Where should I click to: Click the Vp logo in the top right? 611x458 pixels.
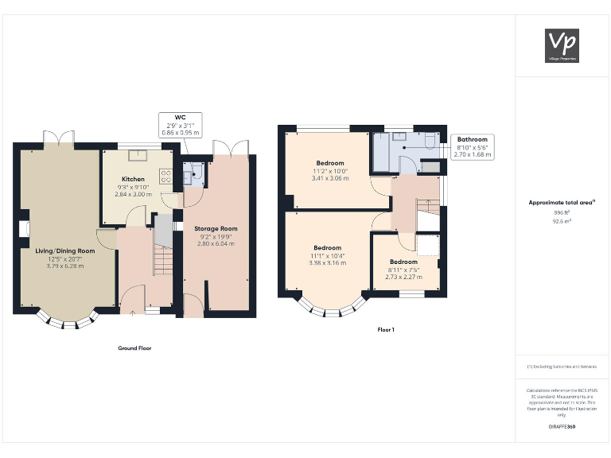tap(562, 45)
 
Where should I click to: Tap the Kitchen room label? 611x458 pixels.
tap(133, 179)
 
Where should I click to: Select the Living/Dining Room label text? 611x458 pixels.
tap(64, 251)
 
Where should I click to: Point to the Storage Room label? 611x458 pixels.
tap(216, 229)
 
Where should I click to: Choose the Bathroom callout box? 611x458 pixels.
tap(472, 147)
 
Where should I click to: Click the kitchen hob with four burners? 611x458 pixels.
tap(167, 175)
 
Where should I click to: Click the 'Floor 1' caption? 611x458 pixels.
tap(387, 329)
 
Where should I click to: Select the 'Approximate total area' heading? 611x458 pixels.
tap(562, 203)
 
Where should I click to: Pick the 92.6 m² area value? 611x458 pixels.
tap(562, 222)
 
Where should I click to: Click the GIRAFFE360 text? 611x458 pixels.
tap(562, 427)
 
